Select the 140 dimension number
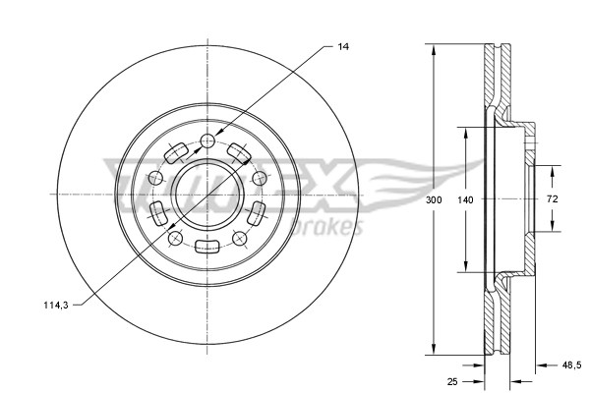click(x=466, y=199)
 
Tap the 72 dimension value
click(x=552, y=199)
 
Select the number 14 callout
click(x=342, y=45)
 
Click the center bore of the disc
click(x=207, y=194)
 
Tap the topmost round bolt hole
click(x=207, y=141)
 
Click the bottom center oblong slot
click(x=207, y=247)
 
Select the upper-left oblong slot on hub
click(x=176, y=153)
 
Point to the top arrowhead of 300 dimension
click(x=432, y=49)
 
